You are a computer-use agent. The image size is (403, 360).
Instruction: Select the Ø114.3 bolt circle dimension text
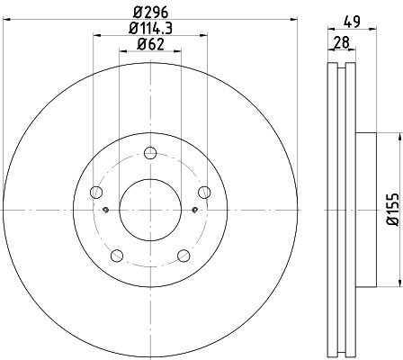[x=151, y=31]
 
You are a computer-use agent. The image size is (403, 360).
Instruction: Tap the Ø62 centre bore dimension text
[x=151, y=47]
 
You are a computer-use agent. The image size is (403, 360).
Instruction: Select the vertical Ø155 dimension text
[x=391, y=210]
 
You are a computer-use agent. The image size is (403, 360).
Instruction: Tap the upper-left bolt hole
[x=97, y=191]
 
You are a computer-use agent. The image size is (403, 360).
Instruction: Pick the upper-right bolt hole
[x=204, y=191]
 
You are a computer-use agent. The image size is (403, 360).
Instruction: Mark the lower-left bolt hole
[x=117, y=254]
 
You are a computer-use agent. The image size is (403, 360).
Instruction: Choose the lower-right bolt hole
[x=184, y=254]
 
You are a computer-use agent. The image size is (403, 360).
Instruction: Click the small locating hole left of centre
[x=106, y=211]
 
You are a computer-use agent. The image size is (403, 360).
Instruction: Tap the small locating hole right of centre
[x=195, y=211]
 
